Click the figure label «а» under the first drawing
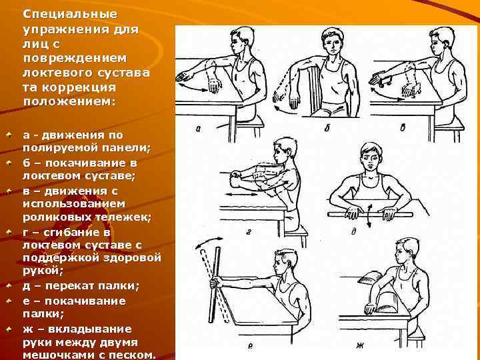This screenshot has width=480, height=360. point(198,129)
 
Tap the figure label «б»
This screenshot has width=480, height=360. point(327,128)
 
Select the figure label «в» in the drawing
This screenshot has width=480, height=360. point(403,127)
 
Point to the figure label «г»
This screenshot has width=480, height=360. point(248,233)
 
